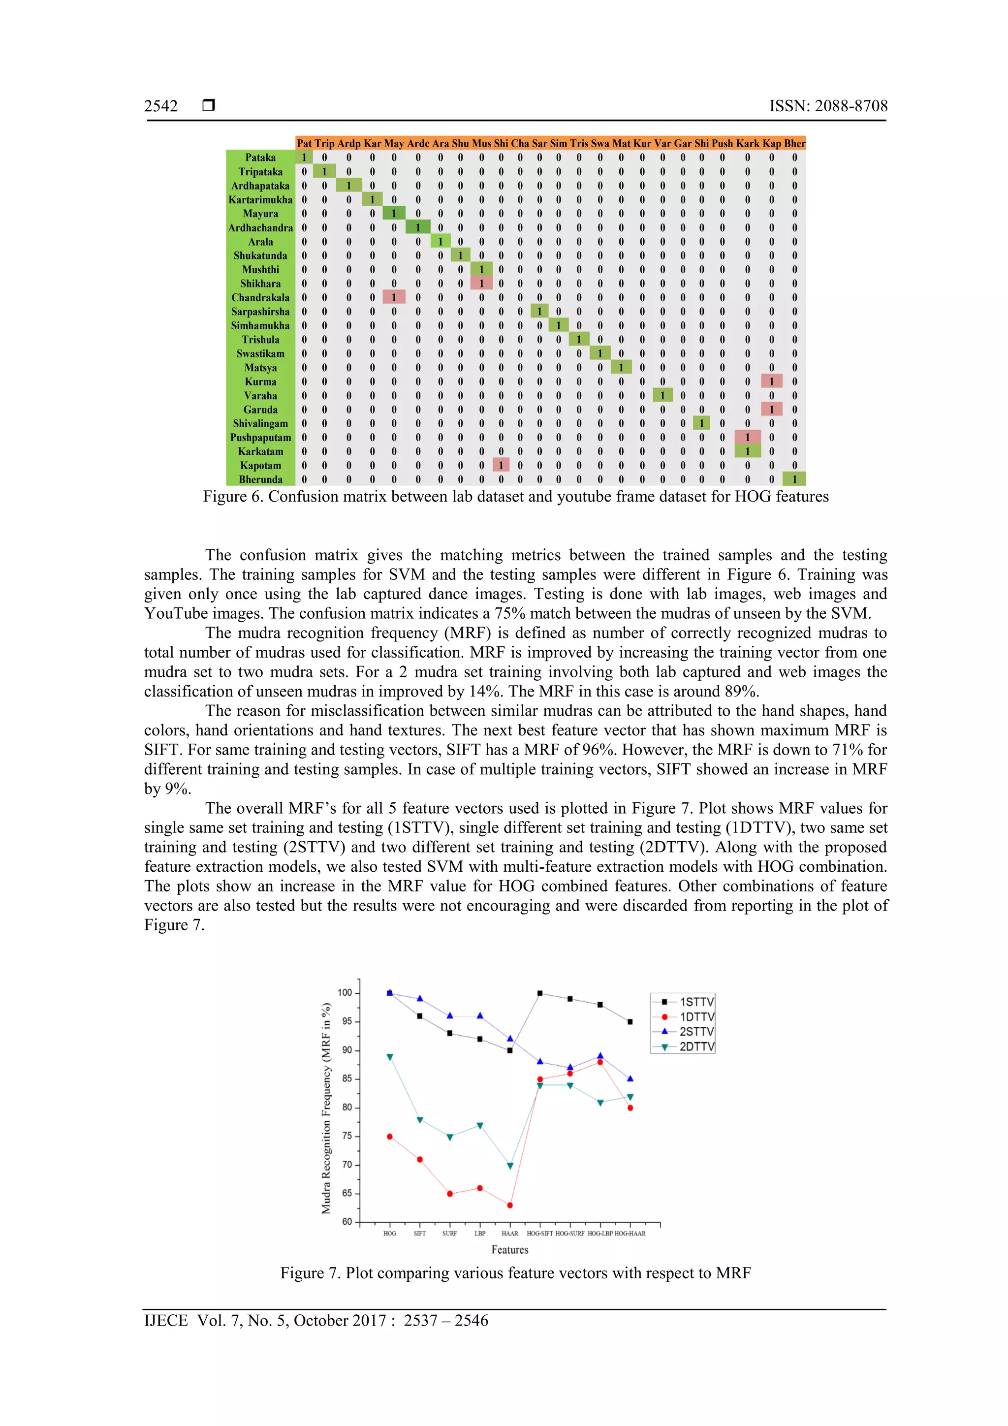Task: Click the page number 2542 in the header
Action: tap(161, 106)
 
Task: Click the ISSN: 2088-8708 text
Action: tap(828, 106)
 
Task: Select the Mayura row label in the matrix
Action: tap(260, 214)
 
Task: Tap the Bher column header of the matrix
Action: tap(794, 143)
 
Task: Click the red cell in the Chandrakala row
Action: tap(394, 297)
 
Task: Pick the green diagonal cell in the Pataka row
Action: tap(304, 158)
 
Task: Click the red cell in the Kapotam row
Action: tap(501, 465)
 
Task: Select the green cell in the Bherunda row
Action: tap(794, 479)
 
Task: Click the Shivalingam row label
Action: tap(260, 424)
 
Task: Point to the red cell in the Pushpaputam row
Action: tap(747, 437)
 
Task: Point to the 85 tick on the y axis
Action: tap(346, 1079)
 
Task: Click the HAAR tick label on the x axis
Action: tap(509, 1234)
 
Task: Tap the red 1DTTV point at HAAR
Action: tap(510, 1205)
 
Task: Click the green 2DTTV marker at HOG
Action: tap(389, 1057)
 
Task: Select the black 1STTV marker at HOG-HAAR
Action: tap(630, 1022)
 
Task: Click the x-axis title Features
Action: tap(509, 1250)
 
